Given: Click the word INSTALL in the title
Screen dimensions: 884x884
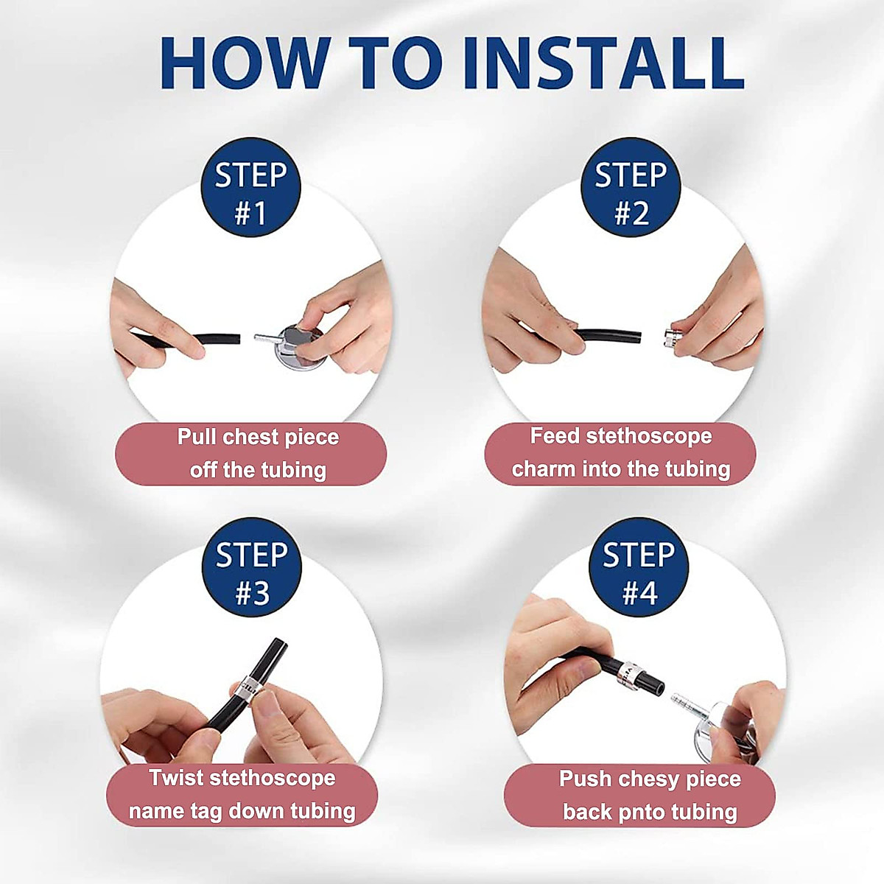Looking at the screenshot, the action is point(604,63).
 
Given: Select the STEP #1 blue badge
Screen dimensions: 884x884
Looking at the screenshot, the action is point(250,187).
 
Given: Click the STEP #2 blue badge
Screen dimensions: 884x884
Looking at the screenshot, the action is point(631,187).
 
